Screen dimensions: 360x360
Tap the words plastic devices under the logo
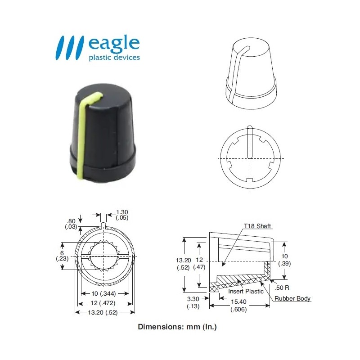pos(114,58)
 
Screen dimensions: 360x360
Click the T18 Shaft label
pos(257,226)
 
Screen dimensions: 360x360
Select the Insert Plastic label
pos(246,292)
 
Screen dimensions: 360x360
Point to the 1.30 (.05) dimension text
pos(122,215)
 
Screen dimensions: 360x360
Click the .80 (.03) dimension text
pos(71,224)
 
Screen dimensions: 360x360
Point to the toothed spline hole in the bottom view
pos(104,256)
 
